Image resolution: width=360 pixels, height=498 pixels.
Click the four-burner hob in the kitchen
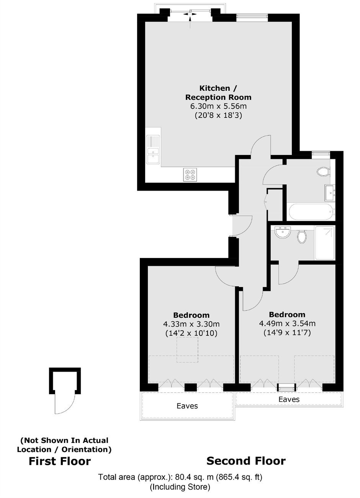[190, 175]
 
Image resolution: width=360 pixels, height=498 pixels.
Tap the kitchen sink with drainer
[153, 149]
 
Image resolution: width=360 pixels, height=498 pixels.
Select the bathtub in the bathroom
[311, 211]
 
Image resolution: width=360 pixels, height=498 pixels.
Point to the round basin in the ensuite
[283, 232]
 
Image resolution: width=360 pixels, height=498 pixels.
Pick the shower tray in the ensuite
[325, 243]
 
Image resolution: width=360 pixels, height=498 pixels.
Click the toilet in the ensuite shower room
[302, 237]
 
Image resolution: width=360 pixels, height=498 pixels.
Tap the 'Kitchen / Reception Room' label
[219, 93]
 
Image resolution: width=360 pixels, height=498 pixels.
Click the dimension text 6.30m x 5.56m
[219, 106]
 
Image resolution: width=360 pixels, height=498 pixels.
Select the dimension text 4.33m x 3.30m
[191, 324]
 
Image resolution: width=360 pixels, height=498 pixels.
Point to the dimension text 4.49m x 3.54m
[287, 323]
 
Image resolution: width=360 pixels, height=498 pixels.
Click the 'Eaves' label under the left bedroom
[187, 406]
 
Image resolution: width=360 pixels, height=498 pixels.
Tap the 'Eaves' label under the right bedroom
[289, 400]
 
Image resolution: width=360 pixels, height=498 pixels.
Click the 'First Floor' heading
[60, 461]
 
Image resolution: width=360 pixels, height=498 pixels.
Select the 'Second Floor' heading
[246, 461]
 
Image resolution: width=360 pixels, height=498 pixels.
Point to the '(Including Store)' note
[180, 485]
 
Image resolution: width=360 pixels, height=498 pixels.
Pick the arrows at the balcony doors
[190, 14]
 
